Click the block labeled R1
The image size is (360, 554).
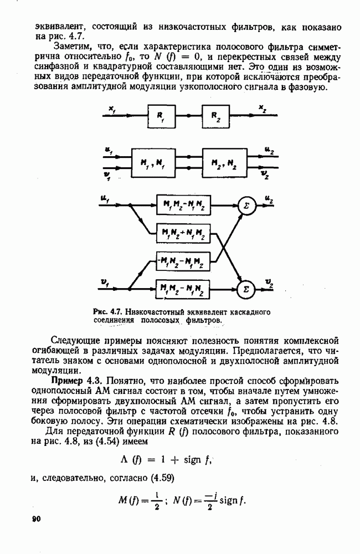point(162,116)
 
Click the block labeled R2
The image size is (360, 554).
point(216,116)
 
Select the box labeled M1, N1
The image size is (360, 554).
point(153,162)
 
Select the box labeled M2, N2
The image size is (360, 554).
point(224,162)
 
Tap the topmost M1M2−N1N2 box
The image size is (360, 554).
point(183,205)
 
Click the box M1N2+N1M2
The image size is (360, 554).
point(183,233)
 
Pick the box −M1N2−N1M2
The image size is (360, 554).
point(183,262)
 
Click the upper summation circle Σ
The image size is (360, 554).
point(246,206)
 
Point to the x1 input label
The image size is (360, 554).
point(112,110)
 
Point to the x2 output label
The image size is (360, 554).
point(263,109)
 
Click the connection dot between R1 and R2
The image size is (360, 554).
point(189,116)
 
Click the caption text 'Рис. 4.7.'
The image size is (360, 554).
point(107,312)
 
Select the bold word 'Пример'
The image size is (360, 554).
point(67,381)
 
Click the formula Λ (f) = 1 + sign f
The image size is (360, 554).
point(166,460)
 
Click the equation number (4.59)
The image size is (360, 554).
point(162,479)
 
